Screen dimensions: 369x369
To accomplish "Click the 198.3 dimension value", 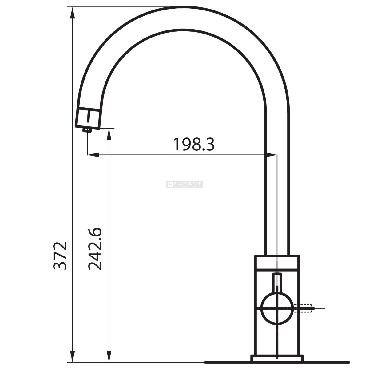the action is click(194, 145).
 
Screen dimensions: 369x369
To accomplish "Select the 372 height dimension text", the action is click(60, 256).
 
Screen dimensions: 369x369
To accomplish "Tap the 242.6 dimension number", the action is click(95, 249).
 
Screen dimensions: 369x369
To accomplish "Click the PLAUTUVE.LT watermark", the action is click(184, 184).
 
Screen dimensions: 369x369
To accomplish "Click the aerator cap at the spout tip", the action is click(88, 118).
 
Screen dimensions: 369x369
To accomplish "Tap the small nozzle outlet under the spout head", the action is click(87, 130).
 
